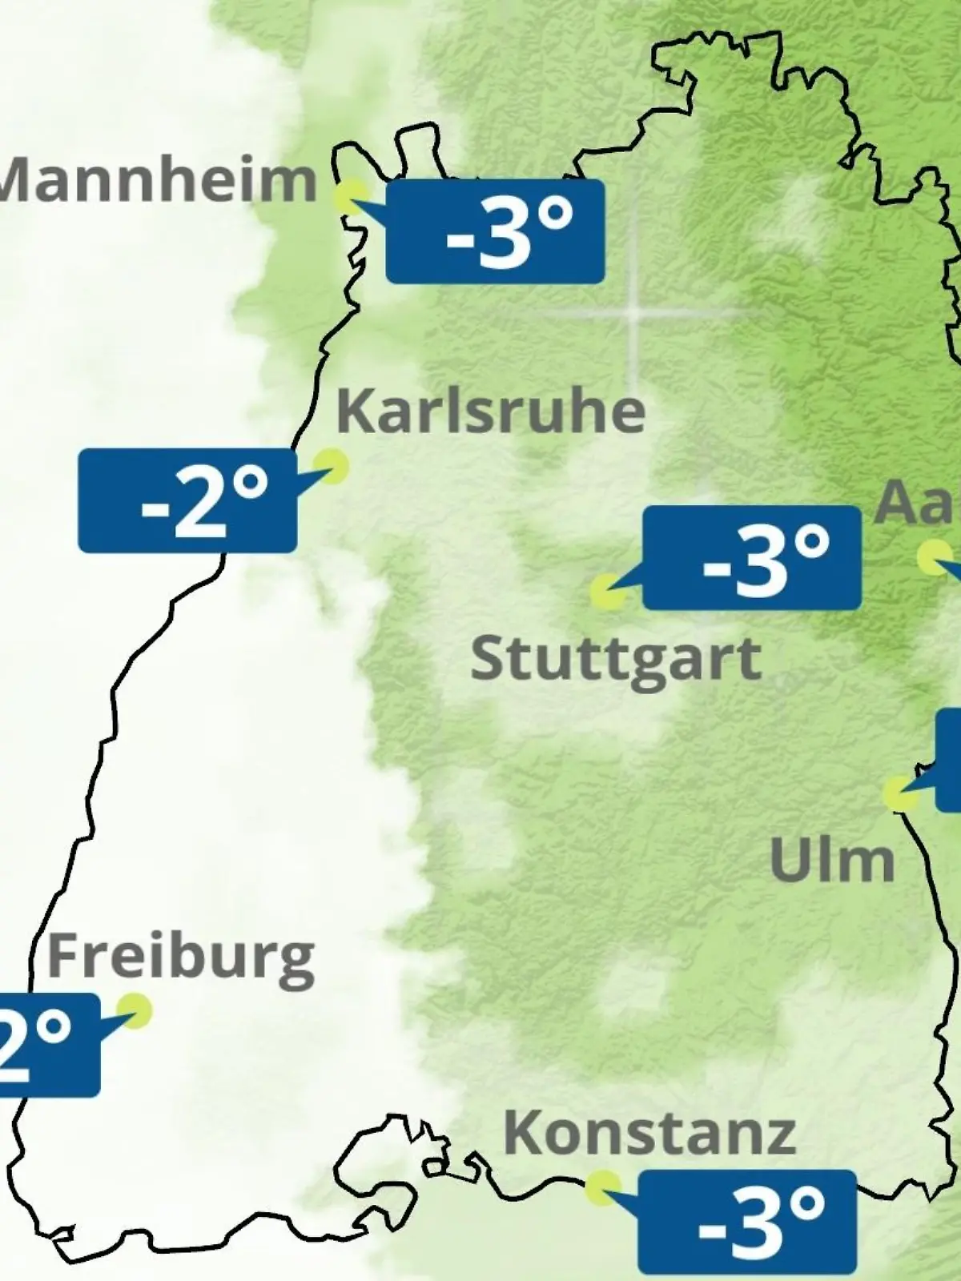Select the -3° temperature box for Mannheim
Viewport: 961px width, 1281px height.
(x=495, y=231)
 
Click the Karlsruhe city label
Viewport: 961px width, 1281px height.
(x=491, y=412)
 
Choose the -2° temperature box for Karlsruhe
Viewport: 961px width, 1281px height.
(x=187, y=500)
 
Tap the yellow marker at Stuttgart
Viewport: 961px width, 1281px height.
(x=608, y=592)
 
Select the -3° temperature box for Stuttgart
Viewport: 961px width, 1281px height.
(x=752, y=557)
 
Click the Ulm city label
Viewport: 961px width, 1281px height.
(x=832, y=861)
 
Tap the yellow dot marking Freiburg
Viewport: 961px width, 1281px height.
(x=134, y=1011)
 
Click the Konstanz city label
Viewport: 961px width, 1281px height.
(x=649, y=1133)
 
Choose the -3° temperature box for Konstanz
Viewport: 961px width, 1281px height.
(x=746, y=1221)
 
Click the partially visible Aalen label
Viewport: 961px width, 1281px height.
(x=917, y=503)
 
